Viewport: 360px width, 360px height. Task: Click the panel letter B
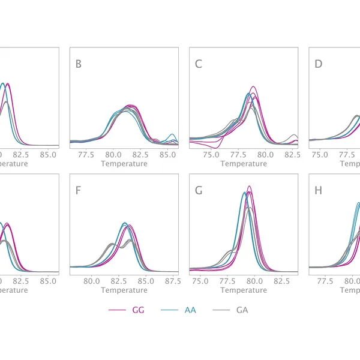click(x=79, y=64)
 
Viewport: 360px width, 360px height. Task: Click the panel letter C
click(x=198, y=64)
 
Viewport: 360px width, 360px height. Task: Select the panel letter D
click(x=319, y=64)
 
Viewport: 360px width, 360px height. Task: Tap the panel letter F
click(x=78, y=191)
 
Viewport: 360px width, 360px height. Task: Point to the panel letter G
click(x=199, y=191)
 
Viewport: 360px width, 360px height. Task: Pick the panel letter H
click(x=319, y=191)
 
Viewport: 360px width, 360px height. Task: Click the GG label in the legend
click(x=139, y=310)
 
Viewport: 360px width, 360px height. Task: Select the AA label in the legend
click(x=190, y=310)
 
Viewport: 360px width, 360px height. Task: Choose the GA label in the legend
click(x=242, y=310)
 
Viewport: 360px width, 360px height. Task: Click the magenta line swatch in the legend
click(x=117, y=310)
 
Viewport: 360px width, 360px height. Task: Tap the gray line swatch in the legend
click(x=221, y=310)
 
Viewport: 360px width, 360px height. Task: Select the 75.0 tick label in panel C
click(x=211, y=155)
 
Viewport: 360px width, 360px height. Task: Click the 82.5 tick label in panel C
click(x=292, y=155)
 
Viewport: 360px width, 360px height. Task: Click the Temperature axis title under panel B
click(x=124, y=163)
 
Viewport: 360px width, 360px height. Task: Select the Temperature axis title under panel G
click(x=244, y=290)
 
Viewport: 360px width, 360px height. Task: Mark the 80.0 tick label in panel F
click(x=91, y=281)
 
